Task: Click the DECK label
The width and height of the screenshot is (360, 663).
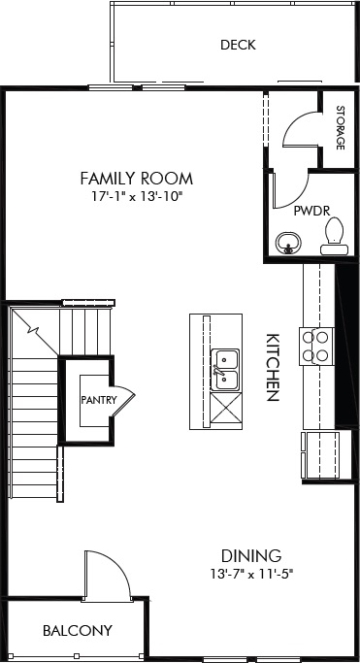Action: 237,45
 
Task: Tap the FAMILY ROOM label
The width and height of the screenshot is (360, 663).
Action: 136,179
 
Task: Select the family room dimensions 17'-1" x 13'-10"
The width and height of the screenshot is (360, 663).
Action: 136,197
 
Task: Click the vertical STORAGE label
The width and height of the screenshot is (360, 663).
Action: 340,126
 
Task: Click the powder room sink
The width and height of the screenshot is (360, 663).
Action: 287,242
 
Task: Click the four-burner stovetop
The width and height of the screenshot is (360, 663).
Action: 317,346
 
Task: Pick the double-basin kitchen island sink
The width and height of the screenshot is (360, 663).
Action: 224,369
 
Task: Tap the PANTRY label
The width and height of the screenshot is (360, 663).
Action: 99,399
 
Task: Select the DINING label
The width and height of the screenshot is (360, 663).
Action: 251,556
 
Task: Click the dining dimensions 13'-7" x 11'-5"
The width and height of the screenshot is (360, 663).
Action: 251,574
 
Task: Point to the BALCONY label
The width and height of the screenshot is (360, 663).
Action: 77,631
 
